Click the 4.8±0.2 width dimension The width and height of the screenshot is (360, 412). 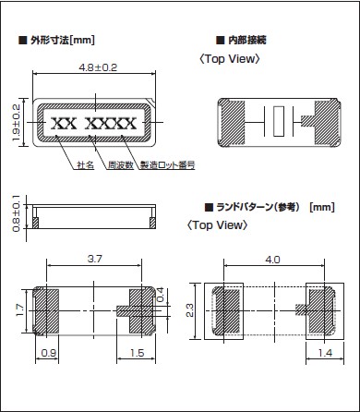point(98,67)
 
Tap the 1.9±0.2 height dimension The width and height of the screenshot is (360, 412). point(16,123)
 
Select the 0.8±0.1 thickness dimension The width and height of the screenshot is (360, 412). point(16,212)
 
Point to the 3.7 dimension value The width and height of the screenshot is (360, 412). point(94,259)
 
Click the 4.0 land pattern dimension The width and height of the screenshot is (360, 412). point(273,260)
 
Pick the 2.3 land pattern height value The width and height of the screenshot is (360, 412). point(190,310)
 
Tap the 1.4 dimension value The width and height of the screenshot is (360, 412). point(325,353)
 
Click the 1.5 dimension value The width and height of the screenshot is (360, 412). point(137,353)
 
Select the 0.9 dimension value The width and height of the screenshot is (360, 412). point(49,353)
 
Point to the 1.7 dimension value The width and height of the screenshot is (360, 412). point(20,310)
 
